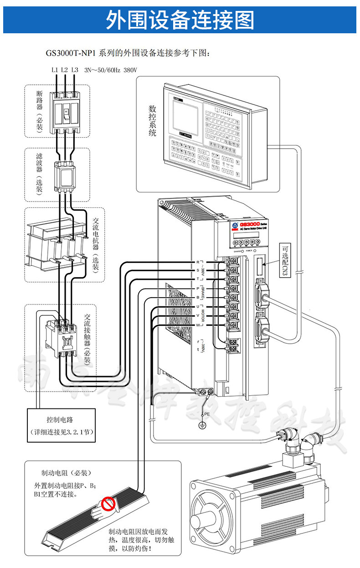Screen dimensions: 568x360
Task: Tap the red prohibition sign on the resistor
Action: click(108, 504)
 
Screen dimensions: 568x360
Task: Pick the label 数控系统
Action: click(152, 121)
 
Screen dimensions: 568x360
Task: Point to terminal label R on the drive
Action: click(198, 263)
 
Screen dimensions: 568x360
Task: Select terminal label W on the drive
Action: click(198, 325)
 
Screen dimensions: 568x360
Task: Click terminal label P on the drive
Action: click(198, 289)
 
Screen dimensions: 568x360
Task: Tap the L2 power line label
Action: click(64, 70)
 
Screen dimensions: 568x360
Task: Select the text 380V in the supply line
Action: click(130, 70)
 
